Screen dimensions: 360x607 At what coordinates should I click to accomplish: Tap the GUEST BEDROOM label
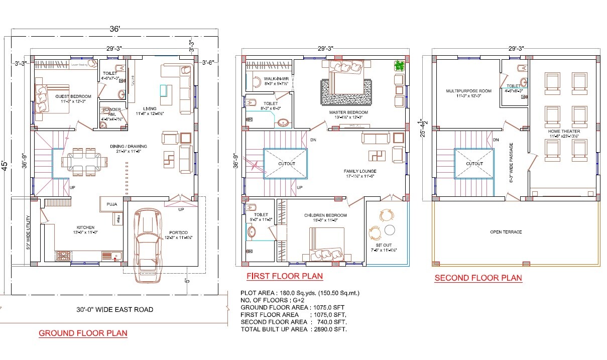point(73,96)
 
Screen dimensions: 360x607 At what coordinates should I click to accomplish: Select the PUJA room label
point(112,204)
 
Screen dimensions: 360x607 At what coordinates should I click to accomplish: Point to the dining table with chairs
point(84,161)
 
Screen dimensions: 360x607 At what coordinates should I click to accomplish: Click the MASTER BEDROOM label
point(348,112)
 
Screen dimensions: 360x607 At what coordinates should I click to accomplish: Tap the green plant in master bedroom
point(400,65)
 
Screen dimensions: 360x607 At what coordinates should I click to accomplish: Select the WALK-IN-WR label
point(276,78)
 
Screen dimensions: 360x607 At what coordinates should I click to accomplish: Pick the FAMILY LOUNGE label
point(360,171)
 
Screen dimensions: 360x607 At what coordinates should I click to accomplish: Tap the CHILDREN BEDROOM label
point(325,215)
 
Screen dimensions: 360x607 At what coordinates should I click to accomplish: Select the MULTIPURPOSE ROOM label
point(468,91)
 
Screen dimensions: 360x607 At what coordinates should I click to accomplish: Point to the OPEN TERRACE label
point(506,232)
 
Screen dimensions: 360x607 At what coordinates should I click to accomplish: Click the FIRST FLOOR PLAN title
point(284,276)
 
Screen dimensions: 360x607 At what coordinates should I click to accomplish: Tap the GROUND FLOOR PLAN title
point(83,333)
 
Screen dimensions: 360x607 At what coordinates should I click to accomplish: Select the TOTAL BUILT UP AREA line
point(294,329)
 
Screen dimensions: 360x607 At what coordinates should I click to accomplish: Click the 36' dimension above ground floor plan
point(115,29)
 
